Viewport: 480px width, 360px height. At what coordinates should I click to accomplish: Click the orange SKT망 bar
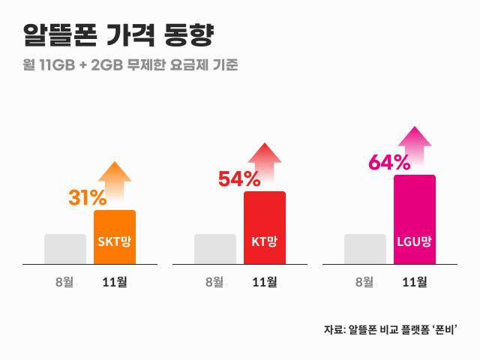click(x=115, y=237)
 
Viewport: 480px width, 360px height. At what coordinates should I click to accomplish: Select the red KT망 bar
click(x=265, y=227)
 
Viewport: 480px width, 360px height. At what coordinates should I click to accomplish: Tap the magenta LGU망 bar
click(x=415, y=219)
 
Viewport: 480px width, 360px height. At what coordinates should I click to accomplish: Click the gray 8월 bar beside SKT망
click(x=65, y=249)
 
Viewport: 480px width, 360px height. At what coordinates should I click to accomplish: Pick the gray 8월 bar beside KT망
click(x=215, y=249)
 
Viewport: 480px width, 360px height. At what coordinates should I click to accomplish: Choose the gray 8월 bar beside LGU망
click(x=365, y=249)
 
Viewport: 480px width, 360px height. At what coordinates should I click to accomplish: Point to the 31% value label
click(x=88, y=198)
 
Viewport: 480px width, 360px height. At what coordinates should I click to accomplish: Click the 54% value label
click(x=238, y=179)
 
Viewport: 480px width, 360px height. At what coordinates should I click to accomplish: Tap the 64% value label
click(x=389, y=162)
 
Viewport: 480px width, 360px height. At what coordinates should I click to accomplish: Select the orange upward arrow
click(x=115, y=180)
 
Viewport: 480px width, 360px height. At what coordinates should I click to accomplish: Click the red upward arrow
click(x=265, y=161)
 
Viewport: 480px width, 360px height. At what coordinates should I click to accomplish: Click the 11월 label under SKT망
click(x=115, y=283)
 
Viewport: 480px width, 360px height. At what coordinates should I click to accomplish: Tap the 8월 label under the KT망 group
click(x=215, y=283)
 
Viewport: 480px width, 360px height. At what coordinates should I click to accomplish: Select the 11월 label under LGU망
click(x=415, y=283)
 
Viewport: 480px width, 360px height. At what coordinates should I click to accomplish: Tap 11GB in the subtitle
click(x=58, y=64)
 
